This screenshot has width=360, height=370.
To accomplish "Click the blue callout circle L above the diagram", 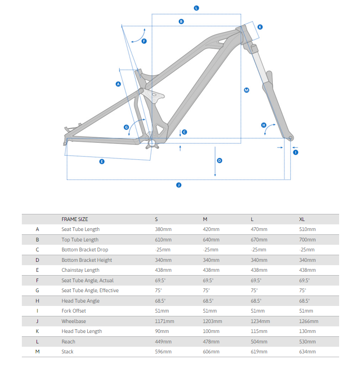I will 196,8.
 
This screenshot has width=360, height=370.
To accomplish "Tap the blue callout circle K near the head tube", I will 260,27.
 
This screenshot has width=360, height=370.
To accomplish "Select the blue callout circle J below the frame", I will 179,185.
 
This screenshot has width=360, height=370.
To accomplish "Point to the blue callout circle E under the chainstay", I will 102,162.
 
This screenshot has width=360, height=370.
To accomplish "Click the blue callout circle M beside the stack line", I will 247,90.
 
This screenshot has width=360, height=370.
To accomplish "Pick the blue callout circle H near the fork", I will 264,125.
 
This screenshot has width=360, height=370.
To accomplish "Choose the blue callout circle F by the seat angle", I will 144,41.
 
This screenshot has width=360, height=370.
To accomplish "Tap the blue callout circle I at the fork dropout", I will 295,152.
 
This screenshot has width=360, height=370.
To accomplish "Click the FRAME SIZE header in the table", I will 74,219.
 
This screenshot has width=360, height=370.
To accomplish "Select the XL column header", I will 302,219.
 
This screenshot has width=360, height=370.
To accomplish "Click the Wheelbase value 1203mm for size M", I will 212,321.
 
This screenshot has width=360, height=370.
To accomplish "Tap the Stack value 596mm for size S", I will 164,351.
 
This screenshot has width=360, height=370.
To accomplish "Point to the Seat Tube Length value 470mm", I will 259,229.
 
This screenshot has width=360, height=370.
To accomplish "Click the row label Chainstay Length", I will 80,270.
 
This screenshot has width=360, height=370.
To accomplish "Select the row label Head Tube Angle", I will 80,301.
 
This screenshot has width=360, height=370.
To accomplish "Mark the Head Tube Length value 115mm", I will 258,331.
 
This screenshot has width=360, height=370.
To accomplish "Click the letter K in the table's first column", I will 37,331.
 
